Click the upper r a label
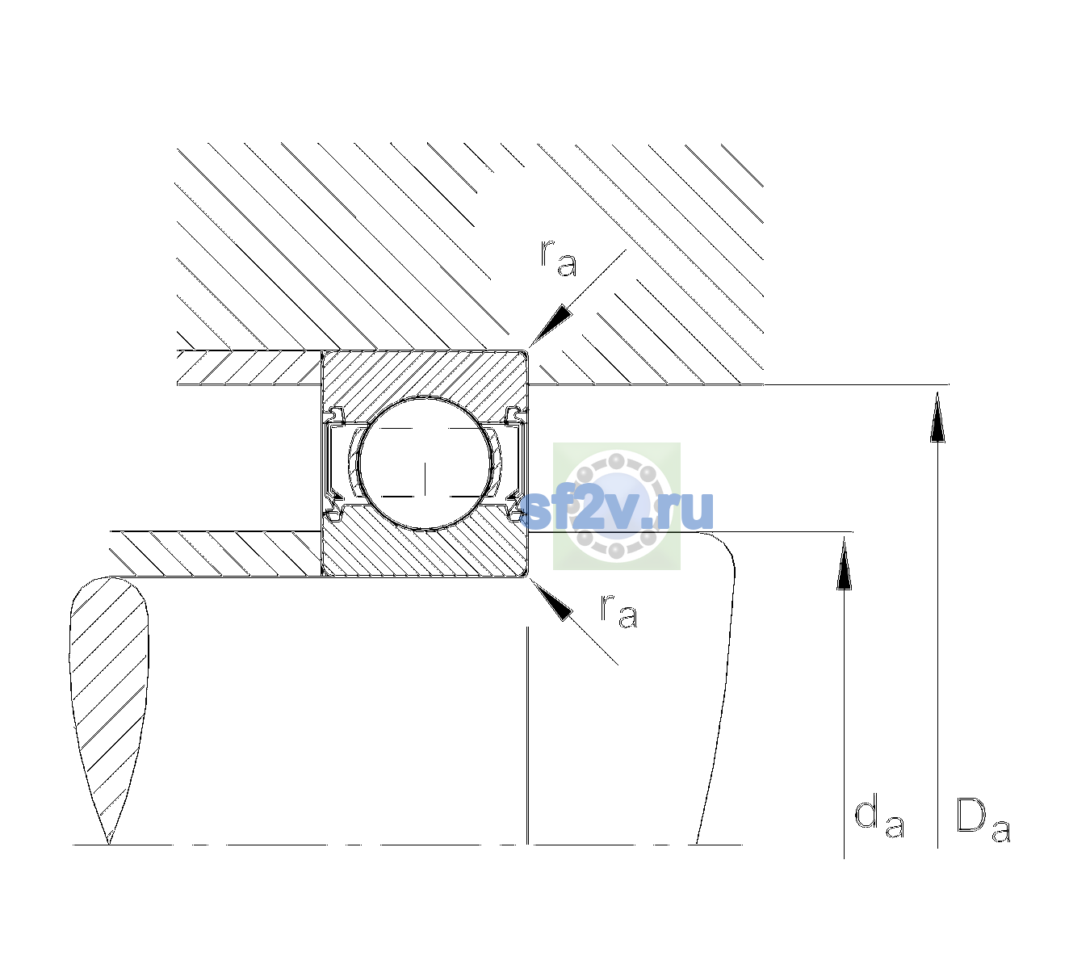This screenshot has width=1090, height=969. tap(558, 258)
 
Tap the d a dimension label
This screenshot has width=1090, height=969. tap(879, 818)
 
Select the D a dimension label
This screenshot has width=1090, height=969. tap(983, 820)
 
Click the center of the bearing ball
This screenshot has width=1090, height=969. tap(425, 464)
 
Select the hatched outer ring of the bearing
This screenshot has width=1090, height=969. tap(425, 376)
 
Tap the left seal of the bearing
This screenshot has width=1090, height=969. tap(333, 464)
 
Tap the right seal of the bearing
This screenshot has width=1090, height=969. tap(515, 464)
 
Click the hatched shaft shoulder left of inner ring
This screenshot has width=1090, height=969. tap(216, 554)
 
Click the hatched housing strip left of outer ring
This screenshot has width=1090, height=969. tap(249, 368)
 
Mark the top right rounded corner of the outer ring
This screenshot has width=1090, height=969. tap(526, 352)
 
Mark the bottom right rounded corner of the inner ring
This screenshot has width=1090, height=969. tap(526, 575)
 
